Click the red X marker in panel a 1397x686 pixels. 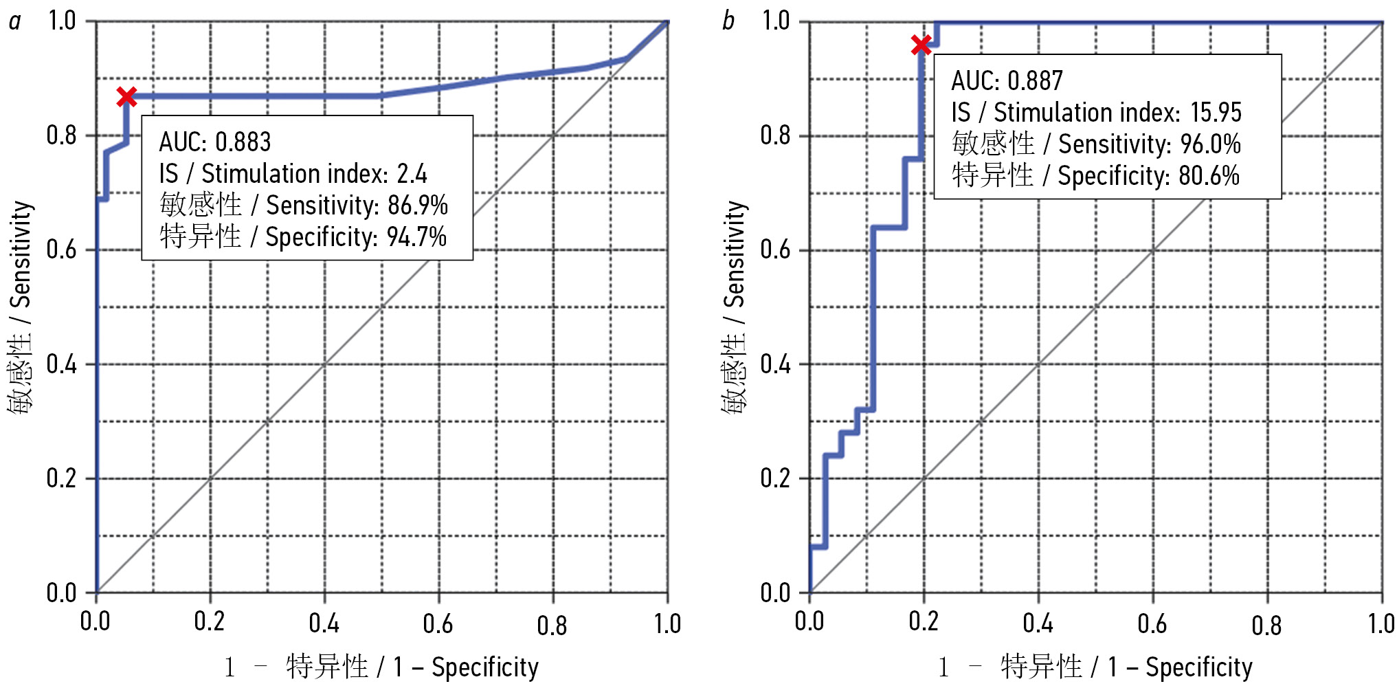pyautogui.click(x=126, y=98)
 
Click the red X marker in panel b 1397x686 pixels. pyautogui.click(x=921, y=45)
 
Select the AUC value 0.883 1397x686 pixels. pyautogui.click(x=243, y=142)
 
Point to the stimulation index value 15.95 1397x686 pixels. pyautogui.click(x=1216, y=112)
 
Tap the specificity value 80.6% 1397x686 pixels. pyautogui.click(x=1209, y=176)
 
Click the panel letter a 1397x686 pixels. pyautogui.click(x=14, y=22)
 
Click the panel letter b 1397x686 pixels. pyautogui.click(x=728, y=22)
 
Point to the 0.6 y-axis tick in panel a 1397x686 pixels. pyautogui.click(x=61, y=250)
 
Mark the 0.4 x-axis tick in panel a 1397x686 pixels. pyautogui.click(x=324, y=623)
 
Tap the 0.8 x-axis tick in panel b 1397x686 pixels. pyautogui.click(x=1266, y=624)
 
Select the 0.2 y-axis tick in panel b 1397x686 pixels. pyautogui.click(x=775, y=478)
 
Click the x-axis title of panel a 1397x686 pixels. pyautogui.click(x=381, y=667)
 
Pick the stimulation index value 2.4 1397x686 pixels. pyautogui.click(x=412, y=174)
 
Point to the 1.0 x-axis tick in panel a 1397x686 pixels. pyautogui.click(x=667, y=623)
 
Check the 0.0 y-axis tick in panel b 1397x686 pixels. pyautogui.click(x=775, y=593)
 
